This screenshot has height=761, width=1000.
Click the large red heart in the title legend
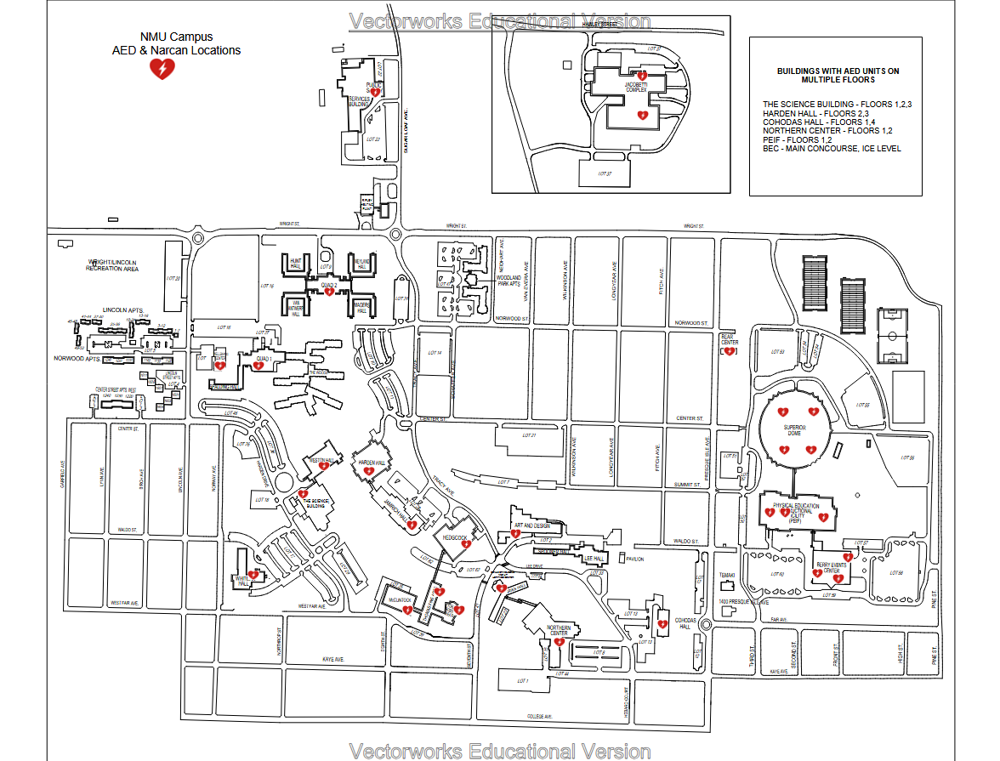162,69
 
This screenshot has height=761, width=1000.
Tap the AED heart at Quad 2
329,292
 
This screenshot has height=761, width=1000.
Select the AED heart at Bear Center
729,351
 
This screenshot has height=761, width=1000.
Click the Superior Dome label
794,430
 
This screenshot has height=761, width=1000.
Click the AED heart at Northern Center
559,643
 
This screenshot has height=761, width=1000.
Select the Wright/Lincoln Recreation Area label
124,265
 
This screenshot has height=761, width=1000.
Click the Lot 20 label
174,278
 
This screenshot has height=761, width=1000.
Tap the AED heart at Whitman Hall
253,576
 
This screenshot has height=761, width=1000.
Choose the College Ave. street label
540,717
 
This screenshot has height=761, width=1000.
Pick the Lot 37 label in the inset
605,173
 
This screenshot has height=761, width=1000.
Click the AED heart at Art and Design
515,533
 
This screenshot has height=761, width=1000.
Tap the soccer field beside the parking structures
891,336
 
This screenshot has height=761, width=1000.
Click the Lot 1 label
522,681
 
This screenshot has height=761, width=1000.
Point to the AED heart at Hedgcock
465,544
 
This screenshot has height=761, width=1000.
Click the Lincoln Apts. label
122,310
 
